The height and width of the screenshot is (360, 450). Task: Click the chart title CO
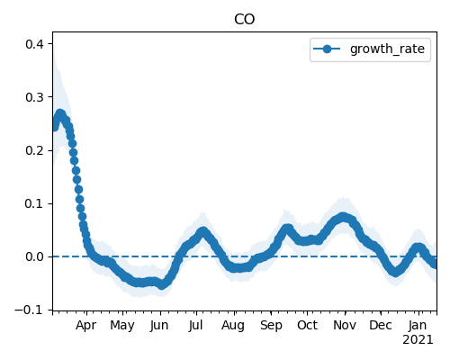point(244,20)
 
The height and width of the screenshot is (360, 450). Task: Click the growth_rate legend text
point(387,49)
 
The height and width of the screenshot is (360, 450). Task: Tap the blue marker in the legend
point(327,49)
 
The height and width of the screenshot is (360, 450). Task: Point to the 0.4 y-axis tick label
point(34,44)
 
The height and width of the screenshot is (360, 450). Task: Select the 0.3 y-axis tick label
point(34,97)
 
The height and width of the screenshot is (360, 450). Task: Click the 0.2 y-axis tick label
point(34,150)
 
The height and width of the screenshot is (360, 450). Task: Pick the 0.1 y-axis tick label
point(34,203)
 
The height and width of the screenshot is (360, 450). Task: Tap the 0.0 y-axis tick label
point(34,257)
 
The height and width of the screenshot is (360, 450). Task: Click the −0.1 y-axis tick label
point(29,310)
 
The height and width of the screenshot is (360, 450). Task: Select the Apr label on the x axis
point(86,325)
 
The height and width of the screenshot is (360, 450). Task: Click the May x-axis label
point(122,325)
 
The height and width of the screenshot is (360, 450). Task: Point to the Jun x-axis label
point(159,325)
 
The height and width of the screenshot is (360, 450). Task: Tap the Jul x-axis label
point(196,325)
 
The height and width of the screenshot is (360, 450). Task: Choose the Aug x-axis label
point(233,325)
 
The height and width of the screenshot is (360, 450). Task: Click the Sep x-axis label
point(271,325)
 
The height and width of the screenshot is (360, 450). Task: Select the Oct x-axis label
point(307,325)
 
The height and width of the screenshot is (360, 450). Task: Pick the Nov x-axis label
point(345,325)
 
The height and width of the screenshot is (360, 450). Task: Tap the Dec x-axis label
point(381,325)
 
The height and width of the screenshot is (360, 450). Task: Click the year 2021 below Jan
point(418,340)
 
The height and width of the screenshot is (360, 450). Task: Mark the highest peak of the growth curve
point(60,114)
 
